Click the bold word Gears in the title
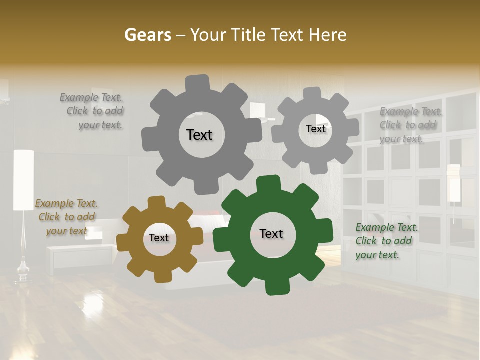click(x=148, y=35)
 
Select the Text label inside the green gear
click(x=271, y=234)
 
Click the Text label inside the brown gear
click(x=159, y=238)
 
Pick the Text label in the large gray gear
click(x=199, y=135)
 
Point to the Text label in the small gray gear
click(x=315, y=129)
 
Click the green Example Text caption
click(x=386, y=241)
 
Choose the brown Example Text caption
click(x=66, y=217)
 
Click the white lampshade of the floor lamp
click(x=23, y=180)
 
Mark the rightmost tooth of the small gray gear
click(x=352, y=127)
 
